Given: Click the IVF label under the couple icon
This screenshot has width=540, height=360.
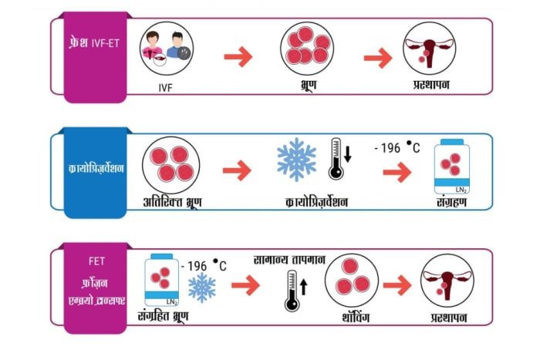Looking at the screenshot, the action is [x=165, y=88].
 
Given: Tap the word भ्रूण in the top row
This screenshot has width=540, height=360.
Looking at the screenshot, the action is [x=308, y=85].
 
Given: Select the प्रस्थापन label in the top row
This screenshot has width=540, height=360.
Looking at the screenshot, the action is [x=431, y=85].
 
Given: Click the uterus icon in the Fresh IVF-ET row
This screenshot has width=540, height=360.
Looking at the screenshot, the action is [x=430, y=49].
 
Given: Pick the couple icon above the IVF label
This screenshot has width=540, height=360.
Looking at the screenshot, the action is [x=167, y=49].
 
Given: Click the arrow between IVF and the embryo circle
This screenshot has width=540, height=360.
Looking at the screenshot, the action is [x=238, y=56].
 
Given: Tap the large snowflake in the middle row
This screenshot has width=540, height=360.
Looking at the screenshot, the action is [x=296, y=160].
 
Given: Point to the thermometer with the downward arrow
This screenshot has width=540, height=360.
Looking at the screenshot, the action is [x=340, y=159].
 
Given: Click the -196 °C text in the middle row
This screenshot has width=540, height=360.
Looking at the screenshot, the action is [x=397, y=148].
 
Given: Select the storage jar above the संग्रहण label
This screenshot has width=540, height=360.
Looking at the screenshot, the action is [x=452, y=167].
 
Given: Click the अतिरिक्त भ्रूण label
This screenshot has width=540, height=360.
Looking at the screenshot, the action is [x=172, y=202].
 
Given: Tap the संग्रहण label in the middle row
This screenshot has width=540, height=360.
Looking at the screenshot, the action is [x=451, y=202].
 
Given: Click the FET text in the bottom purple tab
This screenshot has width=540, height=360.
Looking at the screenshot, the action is [x=96, y=261].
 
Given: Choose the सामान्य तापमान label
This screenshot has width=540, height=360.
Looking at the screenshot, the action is [x=289, y=260].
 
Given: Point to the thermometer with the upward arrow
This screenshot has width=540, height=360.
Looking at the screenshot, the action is [x=295, y=291].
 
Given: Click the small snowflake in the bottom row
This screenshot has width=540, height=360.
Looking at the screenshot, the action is [x=202, y=288].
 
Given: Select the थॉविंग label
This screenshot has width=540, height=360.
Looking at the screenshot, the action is [x=356, y=318].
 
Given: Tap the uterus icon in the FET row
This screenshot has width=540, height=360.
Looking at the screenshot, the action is [x=447, y=281].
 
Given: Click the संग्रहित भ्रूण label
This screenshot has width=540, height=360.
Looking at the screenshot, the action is [x=163, y=316].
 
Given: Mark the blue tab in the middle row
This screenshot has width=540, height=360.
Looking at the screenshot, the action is [x=96, y=173].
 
